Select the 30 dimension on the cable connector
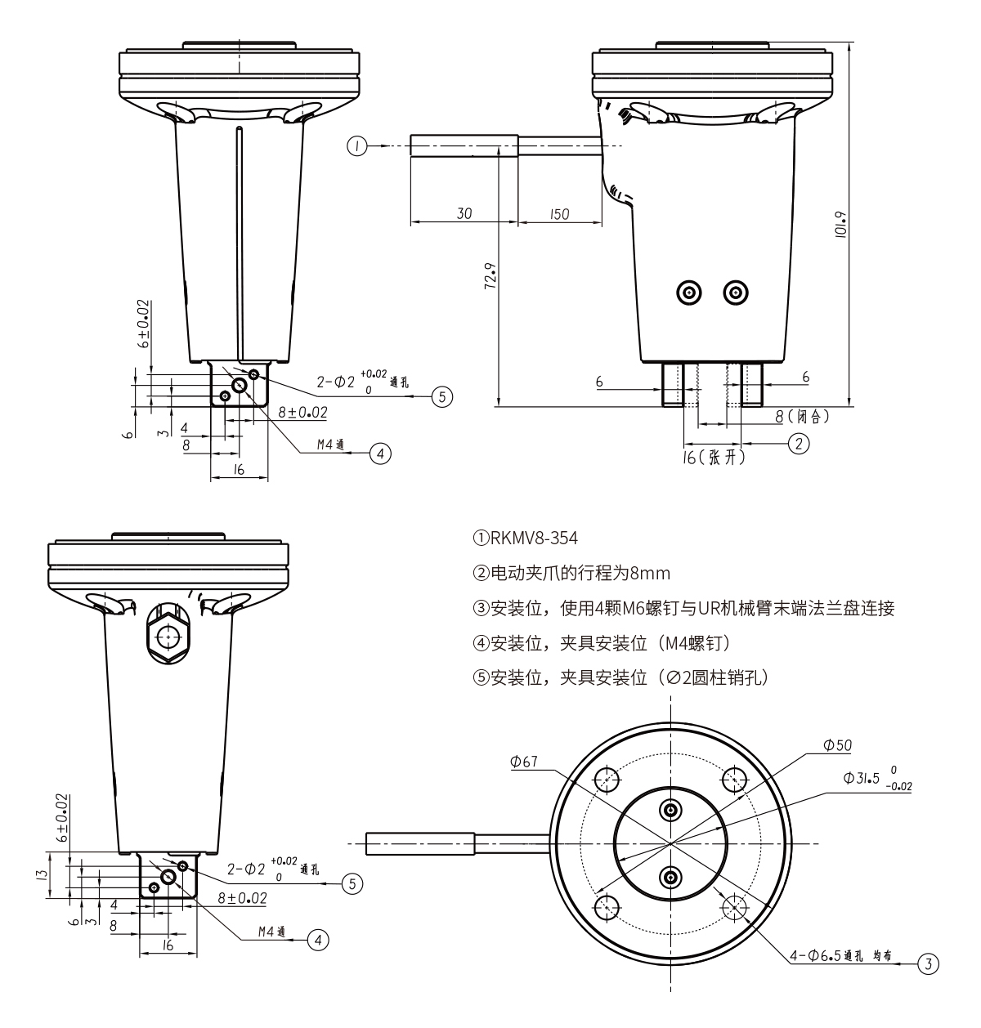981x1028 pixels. click(x=464, y=213)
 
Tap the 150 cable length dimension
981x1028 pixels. click(x=558, y=213)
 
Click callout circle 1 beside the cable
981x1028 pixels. click(x=357, y=146)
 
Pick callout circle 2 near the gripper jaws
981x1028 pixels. click(x=798, y=442)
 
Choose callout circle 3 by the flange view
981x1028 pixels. click(x=927, y=964)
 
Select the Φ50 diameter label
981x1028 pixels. click(x=838, y=745)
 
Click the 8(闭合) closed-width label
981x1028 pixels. click(x=802, y=417)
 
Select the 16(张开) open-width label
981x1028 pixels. click(x=714, y=458)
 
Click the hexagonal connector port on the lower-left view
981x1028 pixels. click(x=169, y=636)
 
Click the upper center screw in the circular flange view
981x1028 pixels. click(x=671, y=810)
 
